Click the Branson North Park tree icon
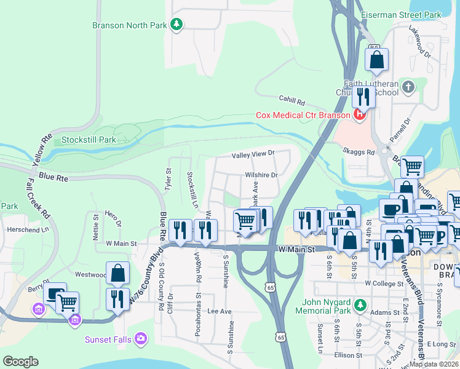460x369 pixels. coord(177,25)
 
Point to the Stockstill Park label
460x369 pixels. coord(89,140)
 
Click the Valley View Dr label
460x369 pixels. coord(252,155)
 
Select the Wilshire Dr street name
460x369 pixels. coord(261,175)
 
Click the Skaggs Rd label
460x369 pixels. coord(362,151)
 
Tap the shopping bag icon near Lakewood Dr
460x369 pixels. coord(376,60)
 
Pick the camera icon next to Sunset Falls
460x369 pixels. coord(141,338)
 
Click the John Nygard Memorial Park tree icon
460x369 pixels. coord(361,304)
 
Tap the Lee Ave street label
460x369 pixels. coord(219,312)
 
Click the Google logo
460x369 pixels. coord(20,361)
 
